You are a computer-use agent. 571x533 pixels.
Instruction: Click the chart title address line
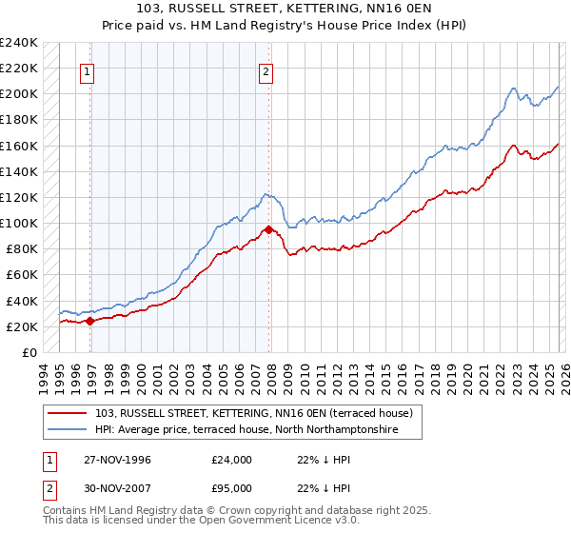285,9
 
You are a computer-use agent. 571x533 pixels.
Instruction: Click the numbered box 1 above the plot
87,70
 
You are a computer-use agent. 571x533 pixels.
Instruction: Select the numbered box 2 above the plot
266,70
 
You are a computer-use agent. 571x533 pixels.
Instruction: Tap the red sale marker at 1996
90,321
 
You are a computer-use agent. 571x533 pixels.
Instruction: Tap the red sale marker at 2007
269,229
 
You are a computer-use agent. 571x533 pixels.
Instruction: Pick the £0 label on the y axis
29,353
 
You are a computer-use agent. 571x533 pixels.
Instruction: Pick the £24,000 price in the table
232,460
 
